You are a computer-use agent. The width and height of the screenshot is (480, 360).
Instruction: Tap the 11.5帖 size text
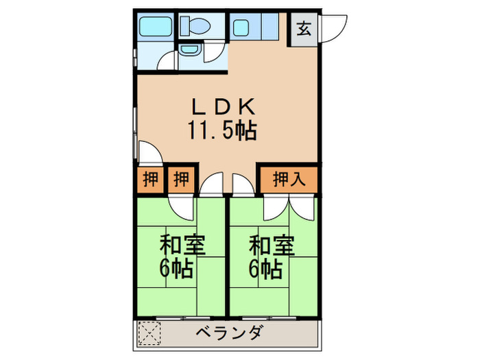222,130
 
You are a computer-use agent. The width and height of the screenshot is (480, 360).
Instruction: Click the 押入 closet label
289,180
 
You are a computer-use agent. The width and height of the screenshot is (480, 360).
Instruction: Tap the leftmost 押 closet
150,180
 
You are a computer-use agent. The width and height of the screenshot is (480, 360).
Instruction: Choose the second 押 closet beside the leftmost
180,180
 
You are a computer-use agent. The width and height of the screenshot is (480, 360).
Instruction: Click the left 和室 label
184,244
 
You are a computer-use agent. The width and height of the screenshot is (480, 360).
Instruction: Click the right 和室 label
272,244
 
